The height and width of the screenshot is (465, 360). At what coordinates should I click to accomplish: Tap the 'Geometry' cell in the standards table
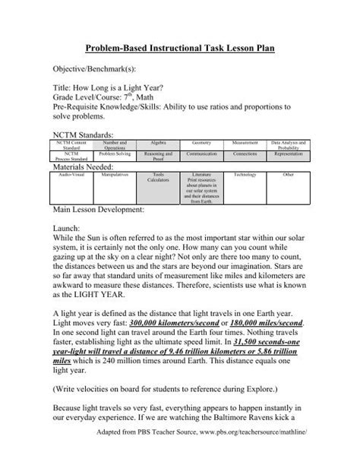coord(201,141)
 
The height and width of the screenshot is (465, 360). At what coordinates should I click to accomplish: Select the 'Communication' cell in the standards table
coord(201,153)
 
